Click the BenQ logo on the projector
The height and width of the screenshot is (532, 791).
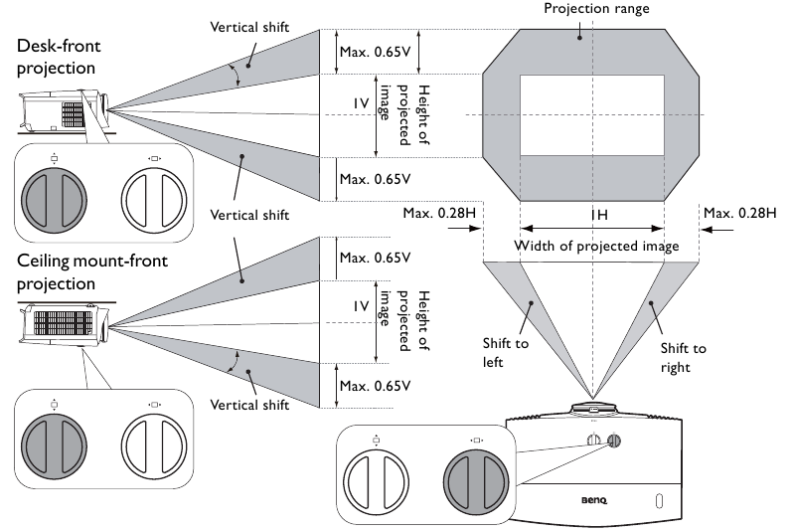594,500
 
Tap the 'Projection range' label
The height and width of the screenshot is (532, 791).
596,9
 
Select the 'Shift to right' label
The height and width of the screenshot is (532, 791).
683,358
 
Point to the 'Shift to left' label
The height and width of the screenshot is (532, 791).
506,353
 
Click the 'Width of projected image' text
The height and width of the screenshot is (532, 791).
596,246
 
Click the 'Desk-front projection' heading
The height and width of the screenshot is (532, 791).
59,57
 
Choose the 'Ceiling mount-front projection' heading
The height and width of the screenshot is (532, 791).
92,271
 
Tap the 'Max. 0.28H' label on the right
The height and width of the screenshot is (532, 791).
739,213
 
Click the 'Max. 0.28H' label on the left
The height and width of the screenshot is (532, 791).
439,213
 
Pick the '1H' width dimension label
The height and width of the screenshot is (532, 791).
599,215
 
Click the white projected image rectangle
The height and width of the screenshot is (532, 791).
591,115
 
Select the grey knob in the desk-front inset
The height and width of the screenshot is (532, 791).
54,200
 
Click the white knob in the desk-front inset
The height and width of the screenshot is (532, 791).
154,200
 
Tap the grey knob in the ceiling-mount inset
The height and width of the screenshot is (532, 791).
54,446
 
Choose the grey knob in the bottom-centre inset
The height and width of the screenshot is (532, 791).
476,482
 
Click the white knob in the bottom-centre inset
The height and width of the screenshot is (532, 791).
376,482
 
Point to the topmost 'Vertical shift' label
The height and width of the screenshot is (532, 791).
249,27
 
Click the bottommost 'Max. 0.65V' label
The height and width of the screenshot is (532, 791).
375,386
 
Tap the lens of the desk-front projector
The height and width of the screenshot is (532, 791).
104,108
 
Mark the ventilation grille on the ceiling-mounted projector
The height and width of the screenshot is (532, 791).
63,323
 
